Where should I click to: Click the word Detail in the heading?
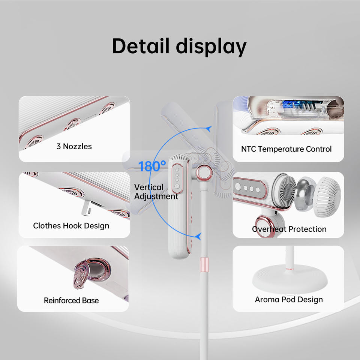[141, 46]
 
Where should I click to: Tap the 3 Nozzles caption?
[74, 146]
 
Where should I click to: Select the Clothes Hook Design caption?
[71, 226]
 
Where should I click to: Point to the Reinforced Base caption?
[71, 300]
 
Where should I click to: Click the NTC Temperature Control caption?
[286, 149]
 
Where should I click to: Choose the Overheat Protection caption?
[289, 229]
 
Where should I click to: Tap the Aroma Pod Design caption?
[289, 299]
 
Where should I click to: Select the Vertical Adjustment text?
[156, 192]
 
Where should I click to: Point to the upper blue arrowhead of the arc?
[209, 129]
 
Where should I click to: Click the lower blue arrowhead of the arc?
[199, 236]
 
